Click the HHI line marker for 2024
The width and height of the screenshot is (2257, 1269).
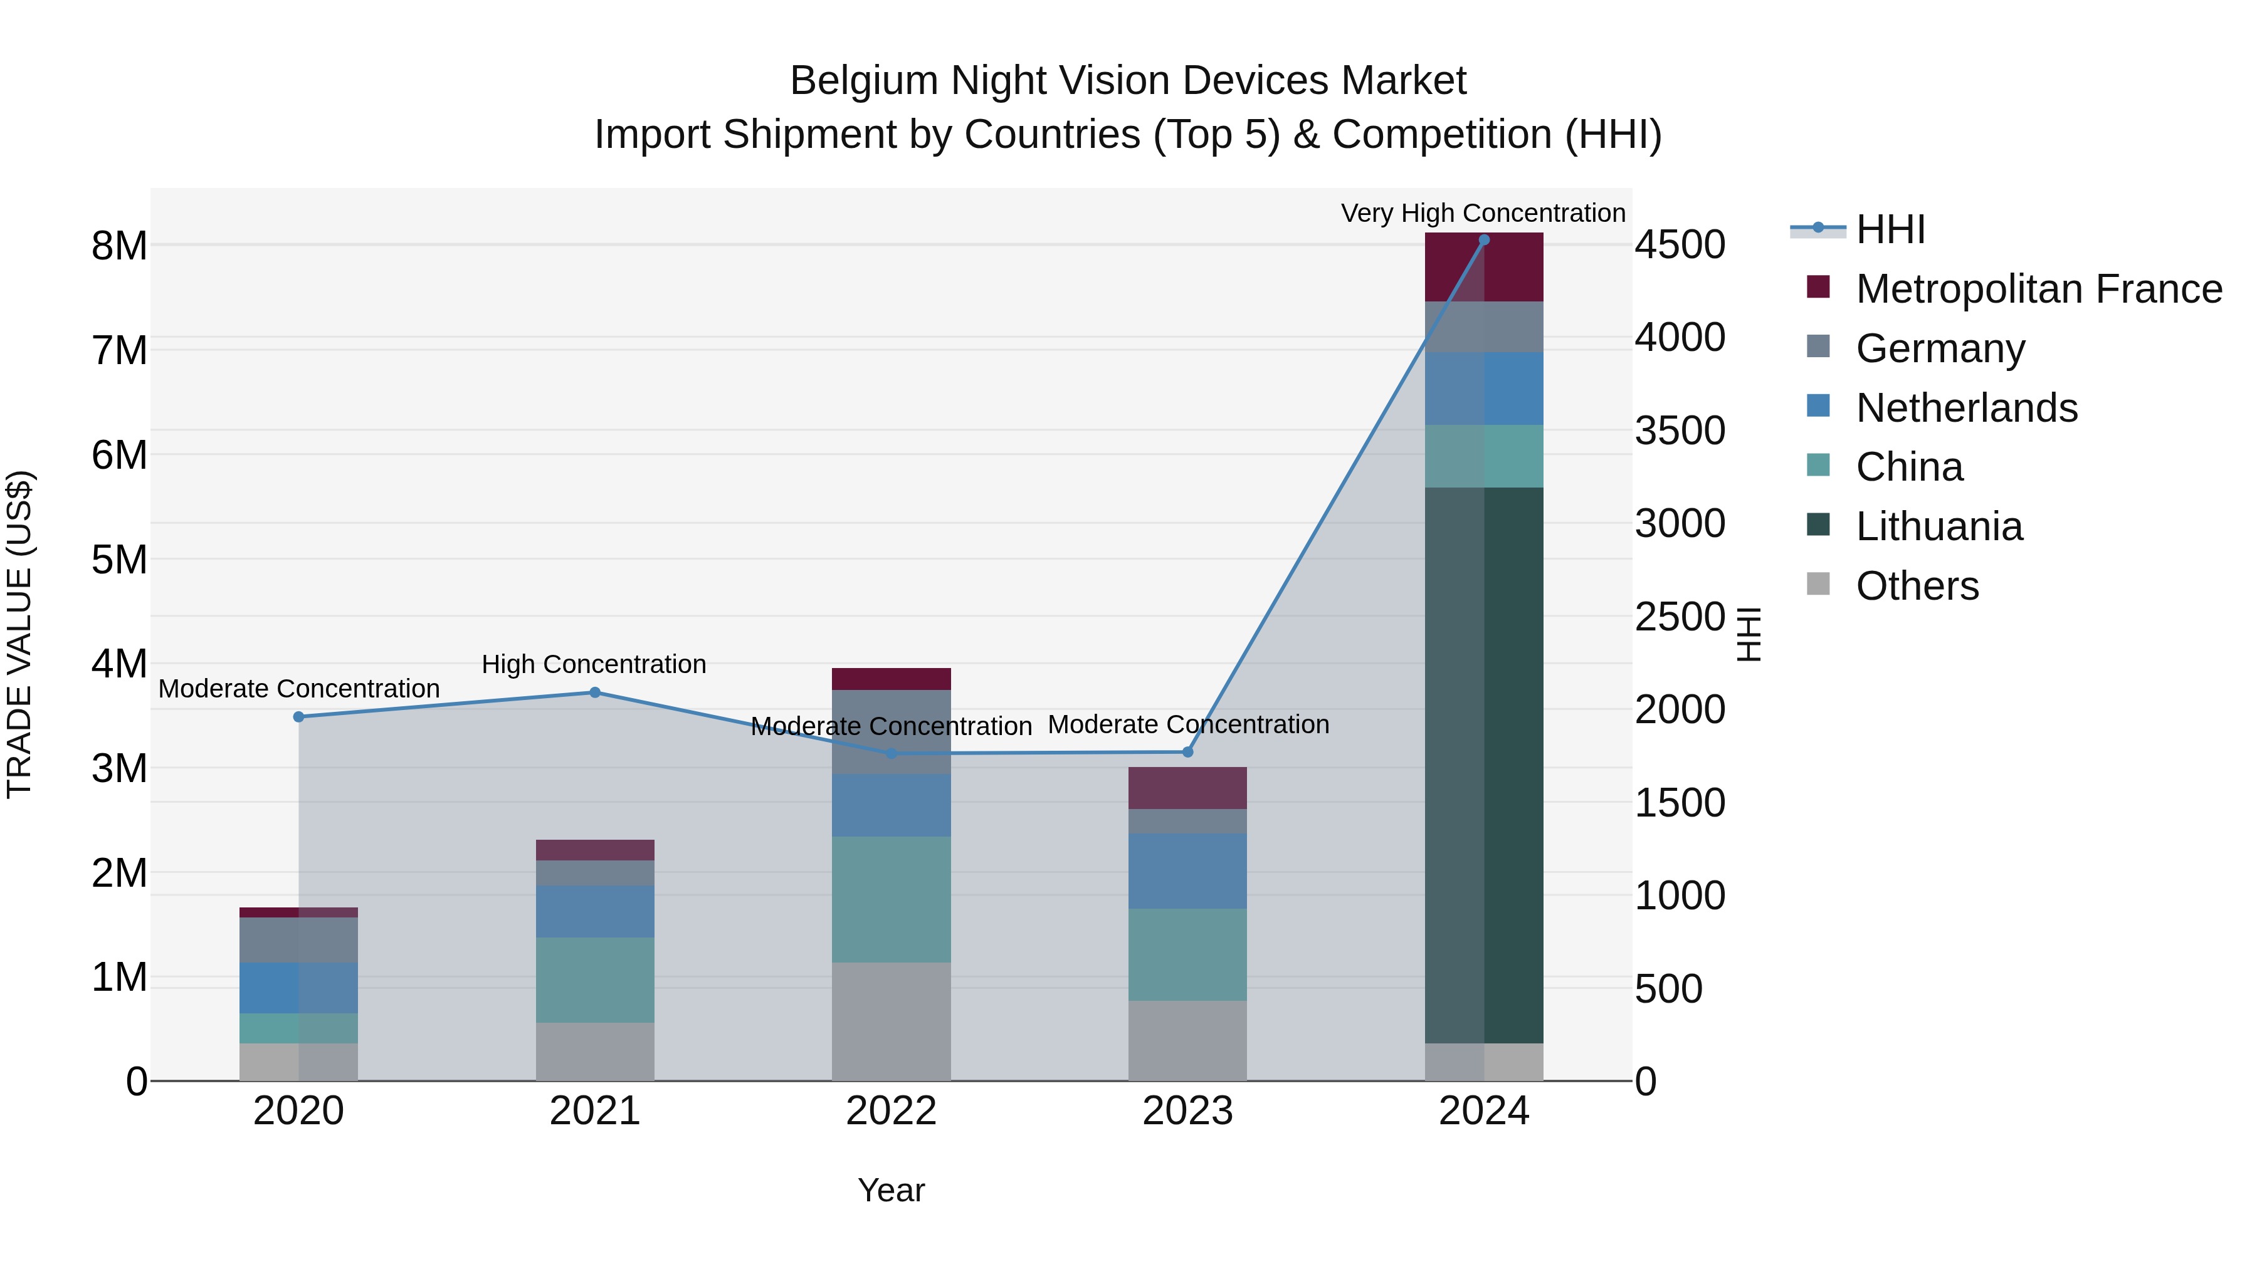click(1483, 240)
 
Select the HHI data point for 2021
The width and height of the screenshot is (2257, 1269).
click(595, 692)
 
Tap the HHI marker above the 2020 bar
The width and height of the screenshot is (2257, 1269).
click(299, 716)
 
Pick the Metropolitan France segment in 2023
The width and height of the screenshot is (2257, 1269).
click(1187, 788)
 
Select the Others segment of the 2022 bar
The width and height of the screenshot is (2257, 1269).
click(891, 1021)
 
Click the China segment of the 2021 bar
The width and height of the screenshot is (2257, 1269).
click(595, 980)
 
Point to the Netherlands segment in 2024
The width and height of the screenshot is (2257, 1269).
click(1483, 389)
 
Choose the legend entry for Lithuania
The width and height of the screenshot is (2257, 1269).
click(1938, 526)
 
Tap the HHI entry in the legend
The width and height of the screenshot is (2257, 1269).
click(1890, 229)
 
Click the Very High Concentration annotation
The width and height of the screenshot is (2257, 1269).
click(1483, 214)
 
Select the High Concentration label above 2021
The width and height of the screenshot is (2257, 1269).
click(594, 665)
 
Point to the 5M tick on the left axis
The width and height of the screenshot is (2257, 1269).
click(120, 560)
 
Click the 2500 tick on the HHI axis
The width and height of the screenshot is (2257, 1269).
click(1680, 617)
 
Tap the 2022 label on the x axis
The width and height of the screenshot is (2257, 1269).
click(891, 1111)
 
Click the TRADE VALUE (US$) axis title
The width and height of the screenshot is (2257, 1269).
click(20, 634)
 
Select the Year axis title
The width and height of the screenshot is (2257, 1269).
click(891, 1190)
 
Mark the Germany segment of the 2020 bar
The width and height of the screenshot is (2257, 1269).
click(299, 940)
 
